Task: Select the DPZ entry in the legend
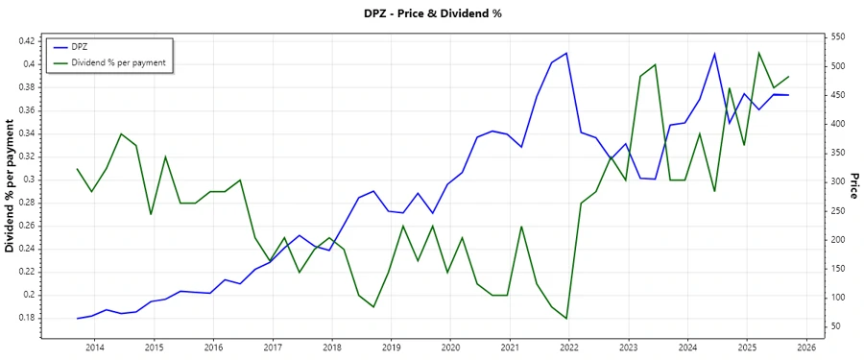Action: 82,47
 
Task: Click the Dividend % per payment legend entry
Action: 119,62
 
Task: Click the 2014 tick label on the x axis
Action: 94,347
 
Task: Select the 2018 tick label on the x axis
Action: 331,347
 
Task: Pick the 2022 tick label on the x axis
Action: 568,347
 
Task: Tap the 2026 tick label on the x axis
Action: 805,347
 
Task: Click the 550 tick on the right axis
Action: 838,36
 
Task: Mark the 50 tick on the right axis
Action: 835,326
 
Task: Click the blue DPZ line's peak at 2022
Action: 567,53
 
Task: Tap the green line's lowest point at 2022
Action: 566,319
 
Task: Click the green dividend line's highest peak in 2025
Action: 759,53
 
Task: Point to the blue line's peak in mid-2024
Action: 714,53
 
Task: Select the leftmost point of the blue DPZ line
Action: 77,318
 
